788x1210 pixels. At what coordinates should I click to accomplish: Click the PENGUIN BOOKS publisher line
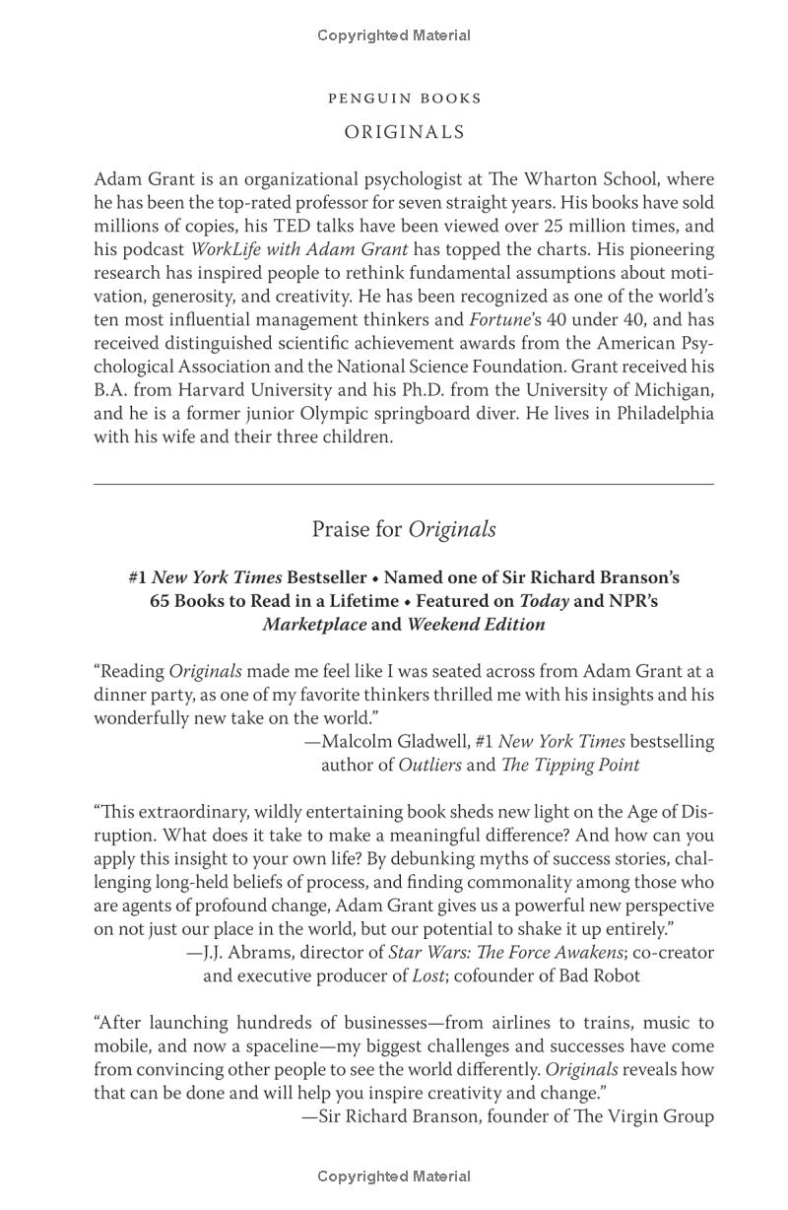click(x=404, y=99)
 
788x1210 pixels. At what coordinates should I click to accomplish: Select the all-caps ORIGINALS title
click(x=404, y=132)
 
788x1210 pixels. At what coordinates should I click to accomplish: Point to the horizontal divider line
click(x=404, y=484)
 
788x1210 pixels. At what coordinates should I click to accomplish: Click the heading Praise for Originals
click(x=404, y=529)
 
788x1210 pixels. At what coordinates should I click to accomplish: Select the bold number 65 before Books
click(x=160, y=601)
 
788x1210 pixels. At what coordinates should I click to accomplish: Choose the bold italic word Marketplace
click(x=314, y=625)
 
